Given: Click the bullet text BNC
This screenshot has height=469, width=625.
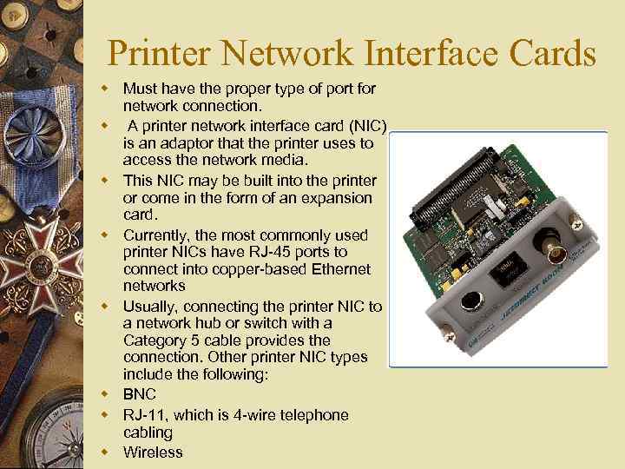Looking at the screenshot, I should click(x=140, y=395).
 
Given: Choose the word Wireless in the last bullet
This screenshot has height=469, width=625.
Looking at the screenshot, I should click(x=153, y=452).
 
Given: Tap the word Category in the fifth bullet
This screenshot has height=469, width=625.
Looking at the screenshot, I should click(x=155, y=340).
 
